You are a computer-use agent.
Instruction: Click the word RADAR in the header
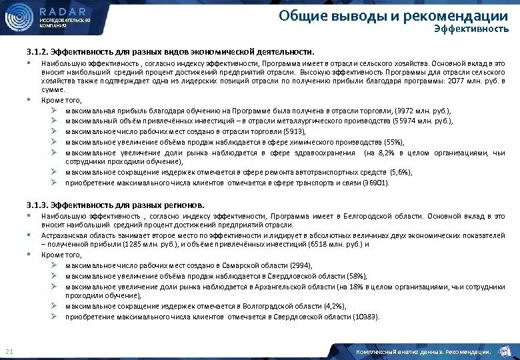[63, 12]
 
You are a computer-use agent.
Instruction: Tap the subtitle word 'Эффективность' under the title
[466, 29]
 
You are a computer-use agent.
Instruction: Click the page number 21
[9, 351]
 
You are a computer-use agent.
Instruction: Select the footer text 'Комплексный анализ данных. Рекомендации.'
[424, 351]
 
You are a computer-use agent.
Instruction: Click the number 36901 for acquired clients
[375, 182]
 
